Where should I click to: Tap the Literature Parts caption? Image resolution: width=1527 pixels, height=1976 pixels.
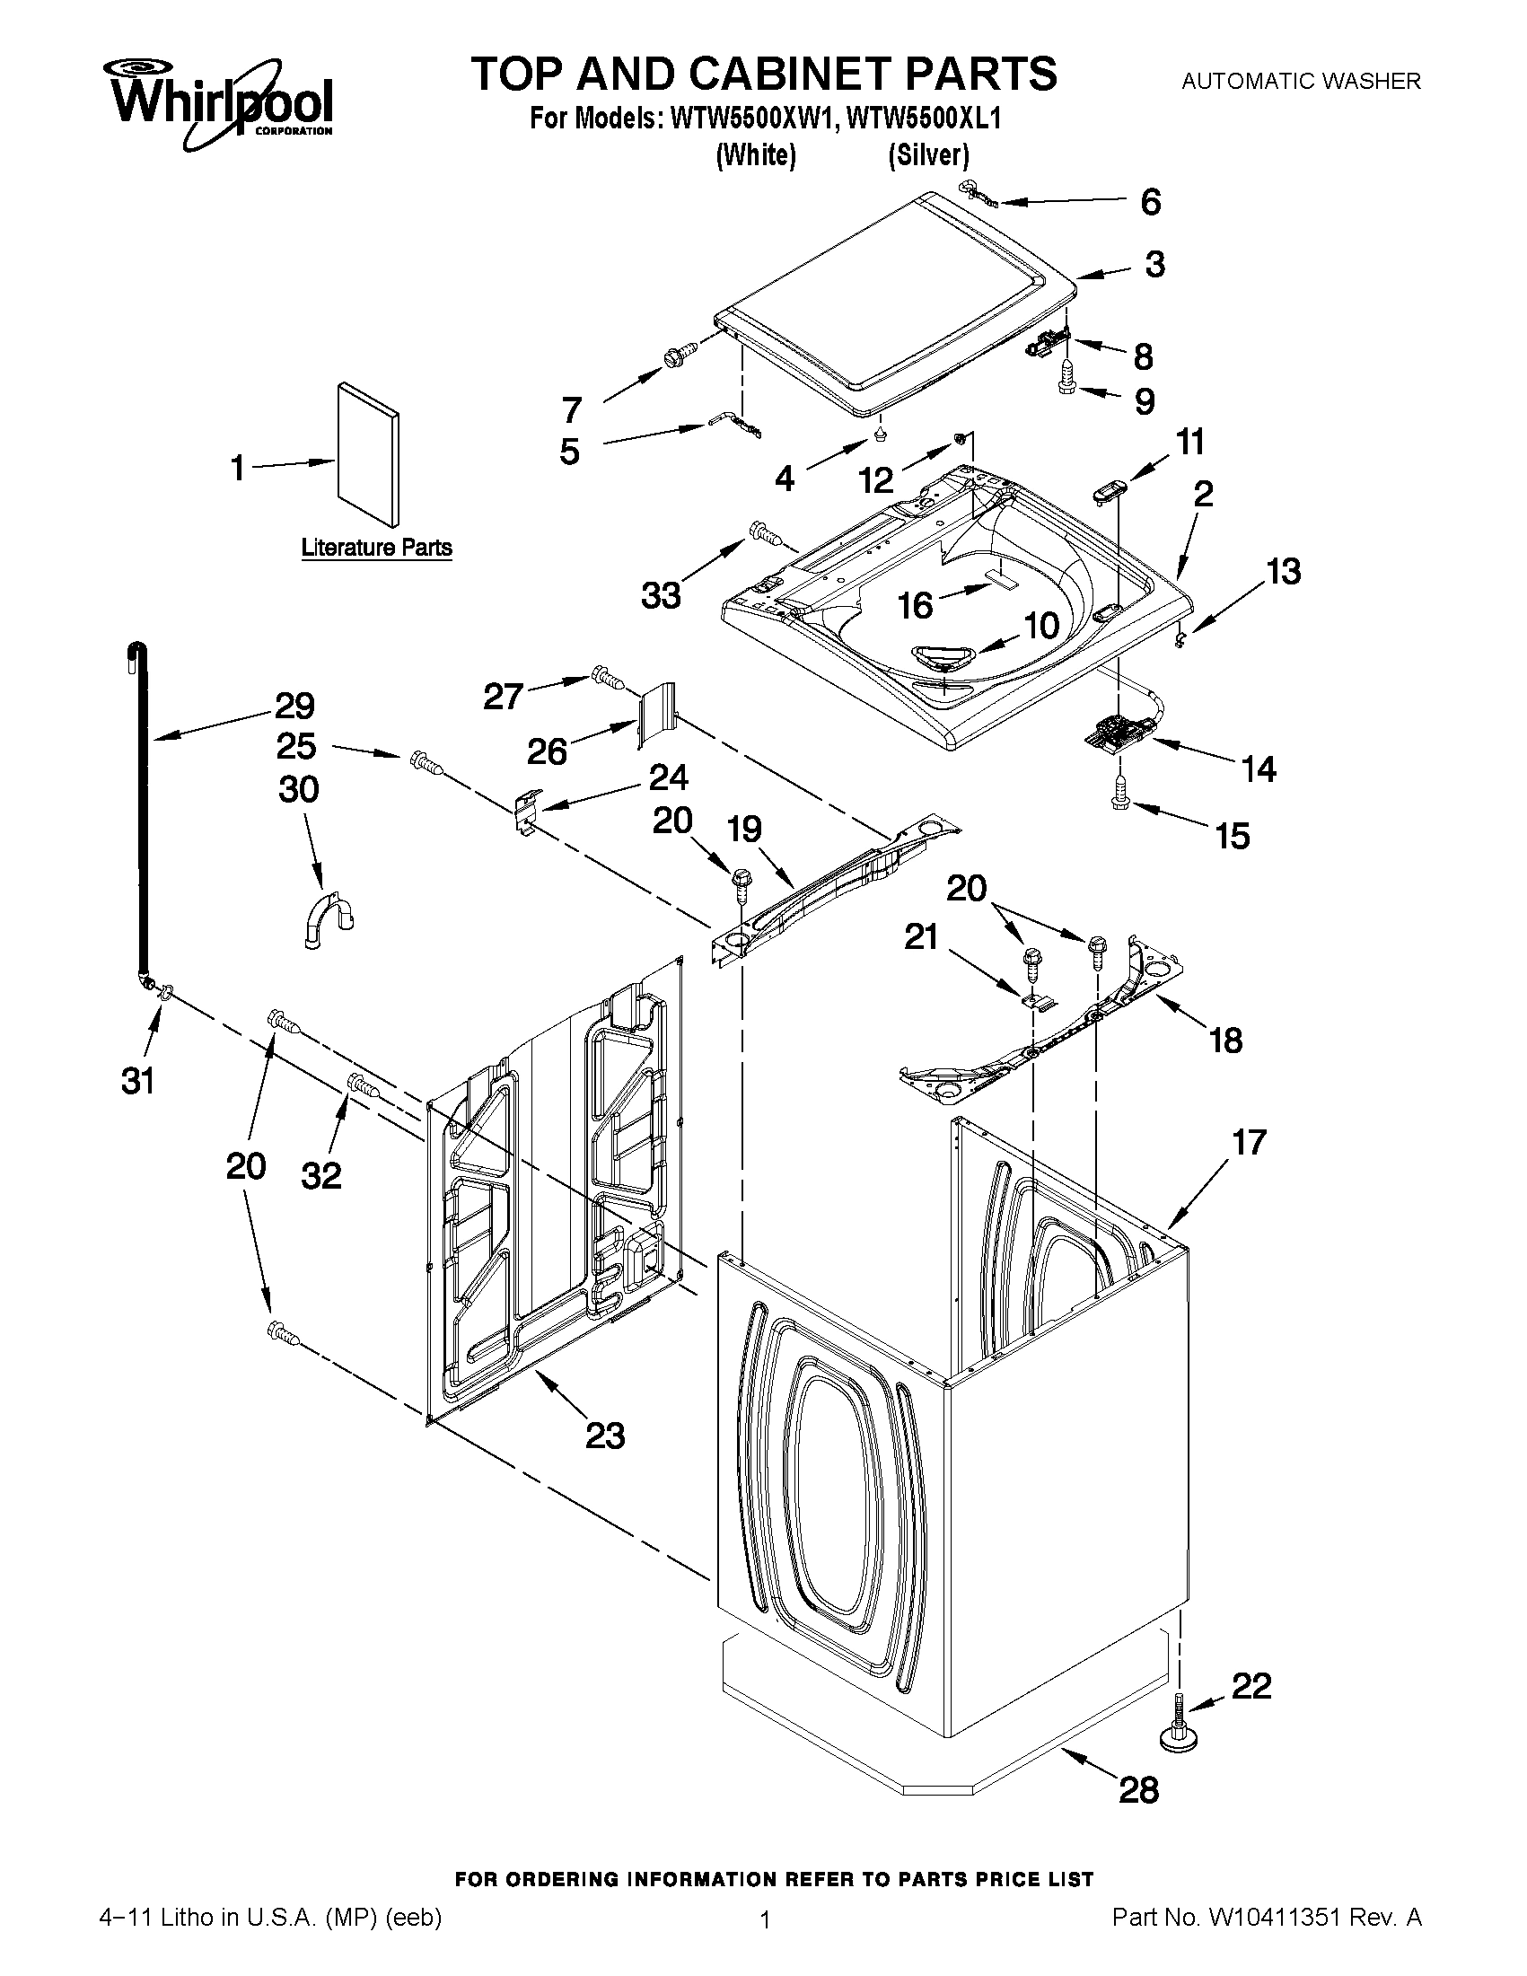[376, 548]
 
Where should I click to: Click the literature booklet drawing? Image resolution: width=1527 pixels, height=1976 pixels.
[367, 454]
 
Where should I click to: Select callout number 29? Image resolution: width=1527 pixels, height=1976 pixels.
[294, 706]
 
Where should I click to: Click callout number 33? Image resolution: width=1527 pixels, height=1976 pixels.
[661, 596]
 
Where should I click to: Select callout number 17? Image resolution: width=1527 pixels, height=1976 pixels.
[1249, 1143]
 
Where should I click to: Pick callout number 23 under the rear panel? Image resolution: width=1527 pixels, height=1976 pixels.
[605, 1435]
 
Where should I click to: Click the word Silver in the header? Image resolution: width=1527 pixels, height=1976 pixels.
[928, 155]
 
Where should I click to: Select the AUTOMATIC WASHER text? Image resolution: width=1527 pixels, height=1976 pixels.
[1301, 82]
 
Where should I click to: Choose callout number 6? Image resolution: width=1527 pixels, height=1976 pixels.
[1150, 202]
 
